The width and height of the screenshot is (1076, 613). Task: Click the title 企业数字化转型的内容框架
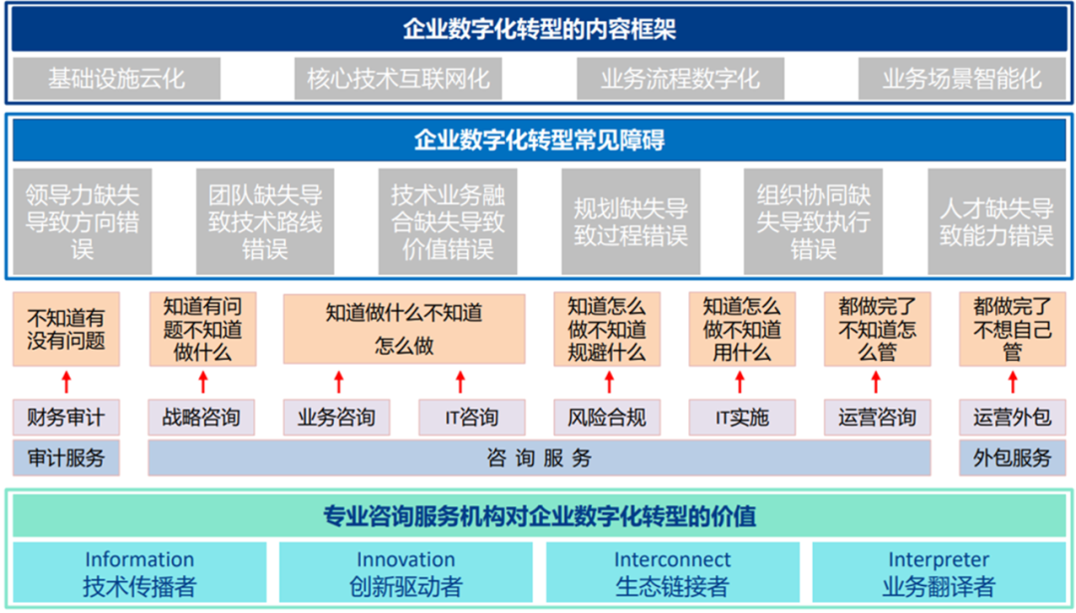(x=539, y=30)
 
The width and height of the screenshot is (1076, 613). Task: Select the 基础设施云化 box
(x=117, y=79)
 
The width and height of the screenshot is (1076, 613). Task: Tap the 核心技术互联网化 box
(x=398, y=79)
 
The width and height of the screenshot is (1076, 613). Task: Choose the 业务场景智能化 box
(x=962, y=79)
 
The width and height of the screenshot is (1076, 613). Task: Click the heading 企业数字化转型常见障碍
(x=539, y=140)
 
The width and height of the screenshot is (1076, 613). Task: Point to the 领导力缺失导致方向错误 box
(x=83, y=221)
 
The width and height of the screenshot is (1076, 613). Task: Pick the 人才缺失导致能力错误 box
(x=996, y=221)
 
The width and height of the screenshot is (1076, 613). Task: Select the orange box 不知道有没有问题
(x=66, y=329)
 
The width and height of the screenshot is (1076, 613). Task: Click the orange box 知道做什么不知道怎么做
(x=404, y=329)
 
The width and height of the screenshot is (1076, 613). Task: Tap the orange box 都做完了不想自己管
(x=1012, y=329)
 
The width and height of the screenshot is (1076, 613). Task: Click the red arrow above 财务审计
(x=67, y=382)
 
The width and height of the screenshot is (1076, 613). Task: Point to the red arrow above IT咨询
(x=460, y=382)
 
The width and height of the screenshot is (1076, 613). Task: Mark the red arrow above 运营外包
(x=1013, y=382)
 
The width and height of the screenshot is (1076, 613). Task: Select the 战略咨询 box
(x=201, y=418)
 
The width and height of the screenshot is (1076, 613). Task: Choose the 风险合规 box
(x=607, y=418)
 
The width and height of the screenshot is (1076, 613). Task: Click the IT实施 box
(x=742, y=418)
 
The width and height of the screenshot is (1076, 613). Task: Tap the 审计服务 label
(x=66, y=458)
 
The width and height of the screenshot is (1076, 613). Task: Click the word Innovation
(x=405, y=559)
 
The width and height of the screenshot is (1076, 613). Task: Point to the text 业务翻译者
(x=939, y=587)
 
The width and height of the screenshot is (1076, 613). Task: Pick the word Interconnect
(x=672, y=559)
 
